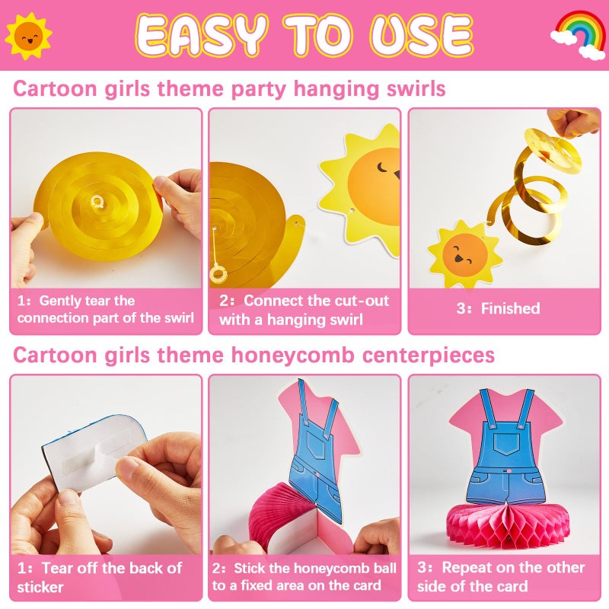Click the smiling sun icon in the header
point(28,36)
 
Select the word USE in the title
point(422,35)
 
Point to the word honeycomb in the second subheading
point(293,355)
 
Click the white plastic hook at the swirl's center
point(97,202)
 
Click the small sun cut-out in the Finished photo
point(464,254)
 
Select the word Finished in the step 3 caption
point(510,308)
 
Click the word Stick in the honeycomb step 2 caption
point(249,568)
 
